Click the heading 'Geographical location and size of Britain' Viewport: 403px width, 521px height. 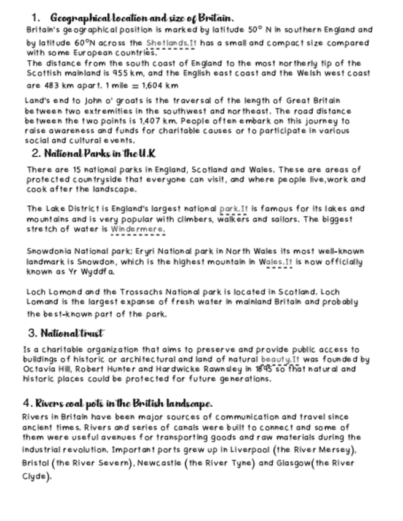141,18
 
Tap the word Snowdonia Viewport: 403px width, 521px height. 49,251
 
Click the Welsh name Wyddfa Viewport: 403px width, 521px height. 98,272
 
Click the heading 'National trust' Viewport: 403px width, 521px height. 72,334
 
